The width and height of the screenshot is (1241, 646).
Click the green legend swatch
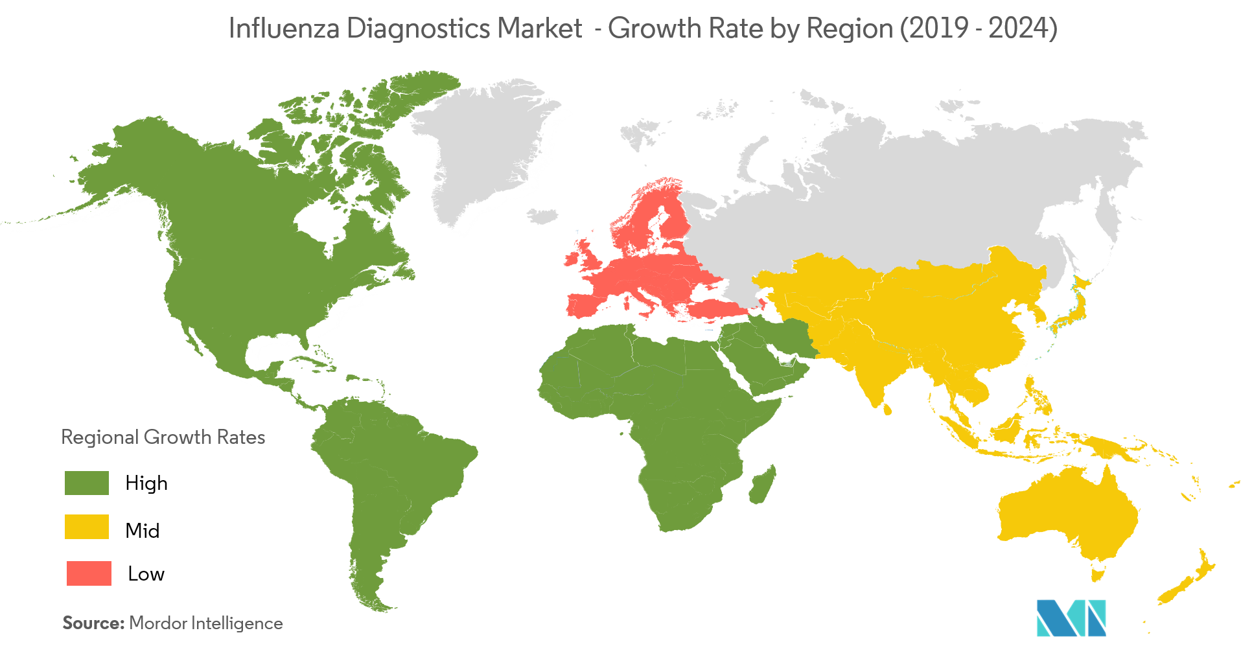click(x=87, y=483)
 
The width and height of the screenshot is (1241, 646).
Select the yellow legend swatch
click(x=87, y=527)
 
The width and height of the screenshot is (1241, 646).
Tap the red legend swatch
click(x=89, y=573)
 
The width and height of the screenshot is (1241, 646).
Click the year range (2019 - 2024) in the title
click(x=979, y=29)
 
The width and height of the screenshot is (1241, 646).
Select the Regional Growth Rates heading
click(x=163, y=437)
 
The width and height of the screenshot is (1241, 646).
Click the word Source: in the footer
click(x=93, y=623)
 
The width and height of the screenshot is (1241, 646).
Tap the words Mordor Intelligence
click(x=206, y=623)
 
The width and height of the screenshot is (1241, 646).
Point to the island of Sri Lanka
click(x=887, y=409)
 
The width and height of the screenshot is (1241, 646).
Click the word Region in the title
click(x=850, y=29)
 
